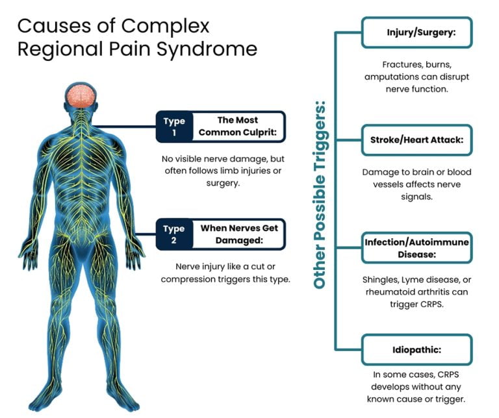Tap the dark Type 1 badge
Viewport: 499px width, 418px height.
[173, 125]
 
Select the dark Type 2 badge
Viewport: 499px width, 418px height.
[173, 234]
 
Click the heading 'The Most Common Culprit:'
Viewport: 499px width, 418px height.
[237, 125]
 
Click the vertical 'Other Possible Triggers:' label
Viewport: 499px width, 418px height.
[320, 195]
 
